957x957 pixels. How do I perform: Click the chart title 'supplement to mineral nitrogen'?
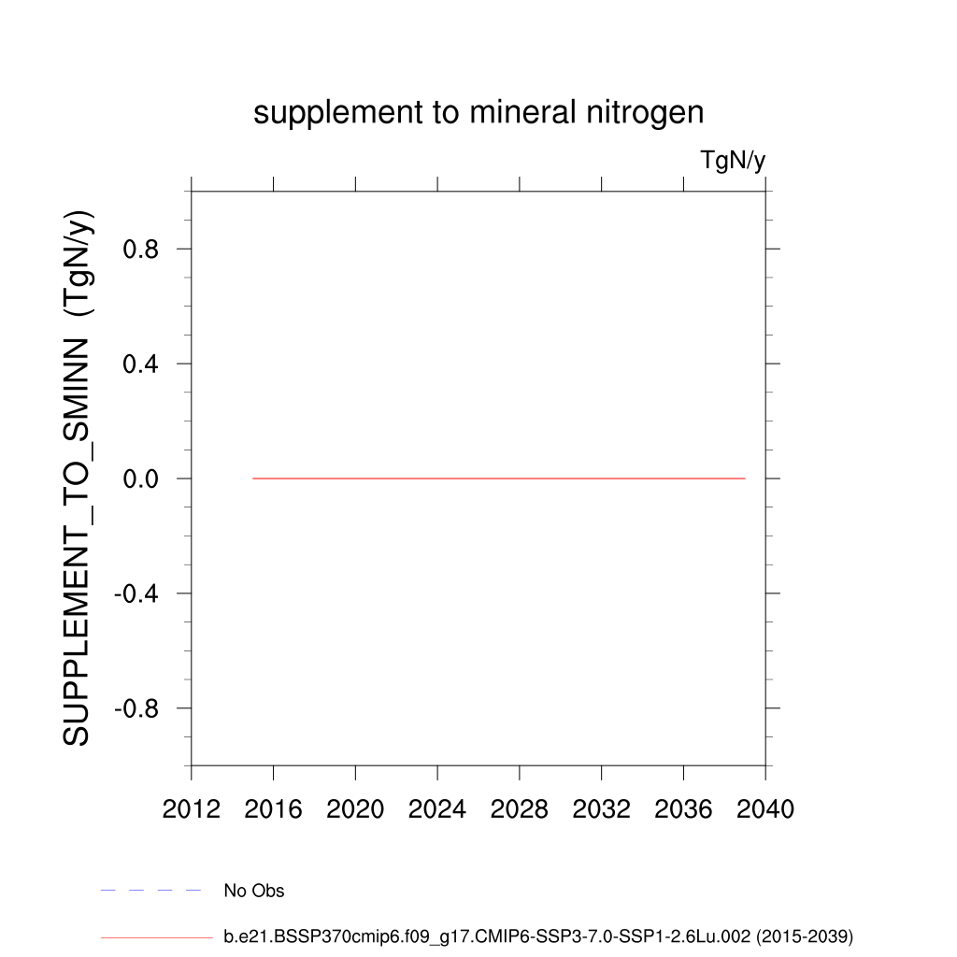478,113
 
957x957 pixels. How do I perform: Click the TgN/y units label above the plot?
733,161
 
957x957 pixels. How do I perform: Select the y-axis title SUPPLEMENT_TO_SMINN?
78,478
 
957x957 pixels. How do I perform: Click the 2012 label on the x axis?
191,808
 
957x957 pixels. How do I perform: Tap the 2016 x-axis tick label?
273,808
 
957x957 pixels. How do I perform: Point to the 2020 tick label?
355,808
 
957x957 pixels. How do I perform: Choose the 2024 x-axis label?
437,808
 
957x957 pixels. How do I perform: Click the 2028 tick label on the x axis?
520,808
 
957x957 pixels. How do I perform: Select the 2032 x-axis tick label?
602,808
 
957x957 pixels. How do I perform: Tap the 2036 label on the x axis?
684,808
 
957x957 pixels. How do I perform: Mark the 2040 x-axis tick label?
765,808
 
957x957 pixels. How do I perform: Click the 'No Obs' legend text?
254,891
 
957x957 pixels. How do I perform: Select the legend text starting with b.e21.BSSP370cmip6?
538,936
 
